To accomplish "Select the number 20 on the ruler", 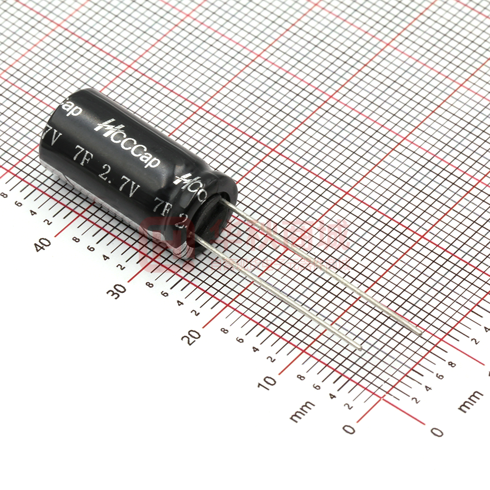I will click(x=194, y=336).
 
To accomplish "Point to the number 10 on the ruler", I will click(x=270, y=381).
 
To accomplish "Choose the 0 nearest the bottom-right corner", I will click(x=436, y=432).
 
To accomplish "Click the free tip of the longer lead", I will click(x=421, y=333).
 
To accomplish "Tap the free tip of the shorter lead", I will click(x=360, y=348).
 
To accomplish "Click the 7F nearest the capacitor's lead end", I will click(x=161, y=204).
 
